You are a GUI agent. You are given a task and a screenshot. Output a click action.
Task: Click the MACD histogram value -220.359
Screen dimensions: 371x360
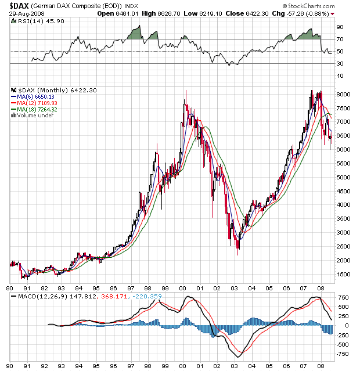click(149, 297)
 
